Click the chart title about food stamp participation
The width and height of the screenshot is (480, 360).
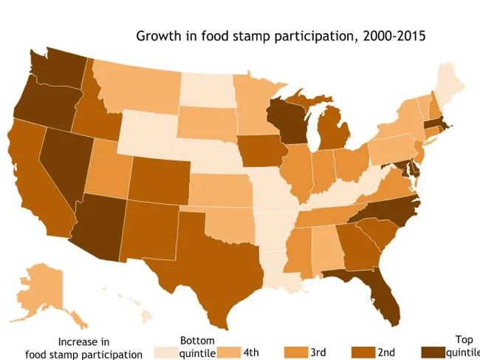[x=281, y=35]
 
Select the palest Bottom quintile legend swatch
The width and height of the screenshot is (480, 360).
[x=166, y=353]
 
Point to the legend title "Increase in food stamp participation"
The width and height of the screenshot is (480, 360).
[x=83, y=348]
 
